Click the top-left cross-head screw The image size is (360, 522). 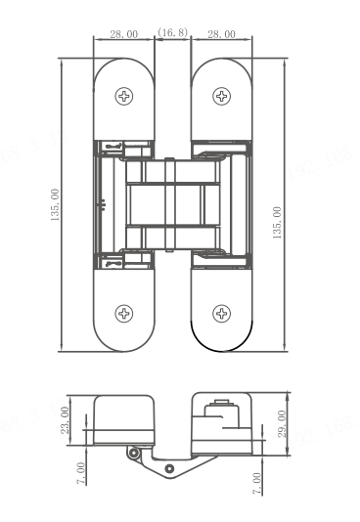pos(124,96)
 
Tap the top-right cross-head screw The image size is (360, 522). pos(221,96)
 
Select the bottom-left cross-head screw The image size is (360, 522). pos(124,313)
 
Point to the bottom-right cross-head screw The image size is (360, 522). pos(221,313)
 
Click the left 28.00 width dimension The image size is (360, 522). pos(124,34)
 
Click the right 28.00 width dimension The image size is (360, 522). pos(221,34)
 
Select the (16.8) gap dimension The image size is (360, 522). pos(172,32)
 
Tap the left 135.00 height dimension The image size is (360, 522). pos(55,204)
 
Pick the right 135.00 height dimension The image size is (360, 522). pos(277,223)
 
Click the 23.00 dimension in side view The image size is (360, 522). pos(65,420)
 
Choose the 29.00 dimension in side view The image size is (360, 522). pos(282,424)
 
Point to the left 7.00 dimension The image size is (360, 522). pos(81,473)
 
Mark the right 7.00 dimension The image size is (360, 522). pos(256,483)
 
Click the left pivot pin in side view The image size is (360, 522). pos(134,454)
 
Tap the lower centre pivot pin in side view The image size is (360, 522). pos(170,469)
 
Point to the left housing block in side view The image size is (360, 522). pos(124,420)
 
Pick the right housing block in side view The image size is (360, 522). pos(221,424)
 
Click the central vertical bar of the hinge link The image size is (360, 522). pos(170,204)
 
